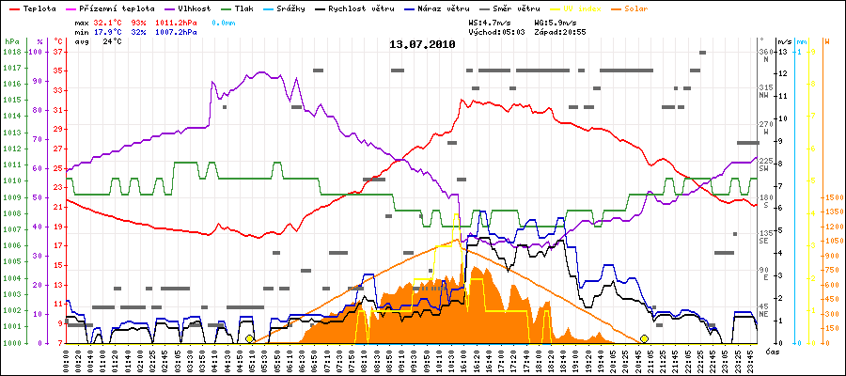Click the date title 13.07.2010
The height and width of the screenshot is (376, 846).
coord(423,44)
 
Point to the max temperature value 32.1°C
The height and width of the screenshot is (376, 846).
coord(108,20)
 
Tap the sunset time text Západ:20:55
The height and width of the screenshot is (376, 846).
coord(560,31)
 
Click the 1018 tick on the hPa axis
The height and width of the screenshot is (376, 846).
coord(11,53)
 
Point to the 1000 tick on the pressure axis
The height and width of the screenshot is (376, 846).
coord(11,342)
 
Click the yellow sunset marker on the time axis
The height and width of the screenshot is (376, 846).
coord(644,338)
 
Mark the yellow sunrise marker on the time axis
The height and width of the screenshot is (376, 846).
coord(249,338)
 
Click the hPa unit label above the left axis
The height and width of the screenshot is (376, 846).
coord(11,42)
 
